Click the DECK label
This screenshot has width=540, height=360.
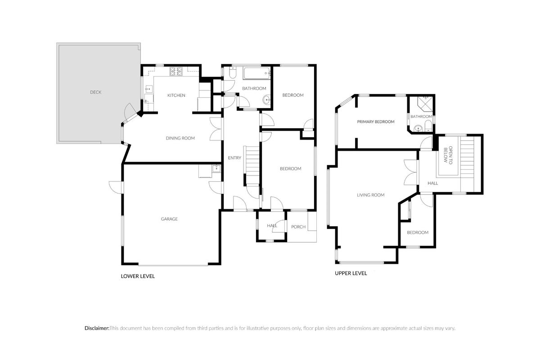95,92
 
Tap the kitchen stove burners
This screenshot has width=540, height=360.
176,72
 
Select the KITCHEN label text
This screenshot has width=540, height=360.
176,95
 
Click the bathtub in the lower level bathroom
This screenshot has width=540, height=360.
256,73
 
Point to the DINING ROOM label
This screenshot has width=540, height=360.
180,138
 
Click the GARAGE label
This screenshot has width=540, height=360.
169,219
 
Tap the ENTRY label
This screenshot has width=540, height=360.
234,157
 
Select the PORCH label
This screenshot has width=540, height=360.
298,227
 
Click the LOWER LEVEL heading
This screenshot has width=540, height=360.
138,276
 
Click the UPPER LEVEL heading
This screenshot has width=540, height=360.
351,273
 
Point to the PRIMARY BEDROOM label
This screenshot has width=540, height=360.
376,122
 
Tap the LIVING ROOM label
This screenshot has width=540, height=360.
370,195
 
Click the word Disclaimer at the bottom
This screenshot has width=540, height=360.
97,328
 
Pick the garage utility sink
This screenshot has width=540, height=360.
216,169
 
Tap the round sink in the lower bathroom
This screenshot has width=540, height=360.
266,100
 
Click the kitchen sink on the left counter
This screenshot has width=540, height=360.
148,90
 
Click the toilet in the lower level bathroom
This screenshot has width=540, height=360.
232,72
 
